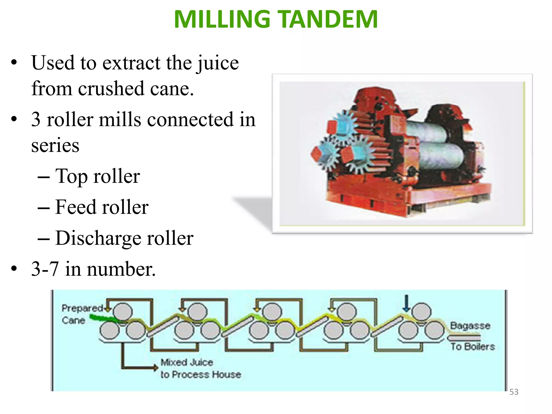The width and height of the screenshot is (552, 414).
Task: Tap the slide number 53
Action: coord(514,392)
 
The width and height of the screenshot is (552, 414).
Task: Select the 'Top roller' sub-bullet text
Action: coord(97,176)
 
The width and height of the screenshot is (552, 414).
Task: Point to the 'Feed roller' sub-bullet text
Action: coord(102,207)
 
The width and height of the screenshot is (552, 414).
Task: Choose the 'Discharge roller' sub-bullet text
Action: coord(124,238)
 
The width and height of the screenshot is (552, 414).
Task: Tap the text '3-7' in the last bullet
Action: coord(45,269)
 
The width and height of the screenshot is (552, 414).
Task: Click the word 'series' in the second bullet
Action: coord(55,145)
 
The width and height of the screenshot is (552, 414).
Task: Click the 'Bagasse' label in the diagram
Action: coord(470,326)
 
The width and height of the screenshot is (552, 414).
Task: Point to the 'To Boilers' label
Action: coord(473,347)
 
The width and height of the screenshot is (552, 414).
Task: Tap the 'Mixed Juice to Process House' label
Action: coord(200,368)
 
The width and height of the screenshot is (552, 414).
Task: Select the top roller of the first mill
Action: coord(123,311)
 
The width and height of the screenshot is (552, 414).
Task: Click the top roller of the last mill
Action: coord(421,311)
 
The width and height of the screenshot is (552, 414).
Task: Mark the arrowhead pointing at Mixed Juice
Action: coord(155,367)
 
